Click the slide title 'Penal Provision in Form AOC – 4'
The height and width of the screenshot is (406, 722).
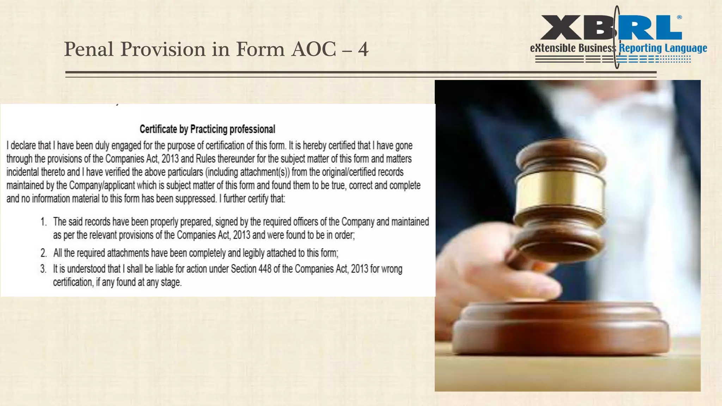coord(216,49)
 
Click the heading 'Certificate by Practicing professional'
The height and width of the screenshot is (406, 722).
coord(207,129)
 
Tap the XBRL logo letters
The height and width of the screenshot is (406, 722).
coord(611,27)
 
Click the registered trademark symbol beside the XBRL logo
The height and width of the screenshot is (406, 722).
coord(679,17)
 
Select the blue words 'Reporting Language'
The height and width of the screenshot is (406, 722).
coord(663,48)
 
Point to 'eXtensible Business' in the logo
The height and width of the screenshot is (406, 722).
coord(573,48)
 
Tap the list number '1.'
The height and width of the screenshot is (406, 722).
coord(43,222)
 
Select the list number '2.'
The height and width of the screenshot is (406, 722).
coord(43,253)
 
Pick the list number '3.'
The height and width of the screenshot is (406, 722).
coord(43,269)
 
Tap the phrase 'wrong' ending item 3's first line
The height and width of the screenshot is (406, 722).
coord(391,269)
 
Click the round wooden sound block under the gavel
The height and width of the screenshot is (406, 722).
coord(561,328)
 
